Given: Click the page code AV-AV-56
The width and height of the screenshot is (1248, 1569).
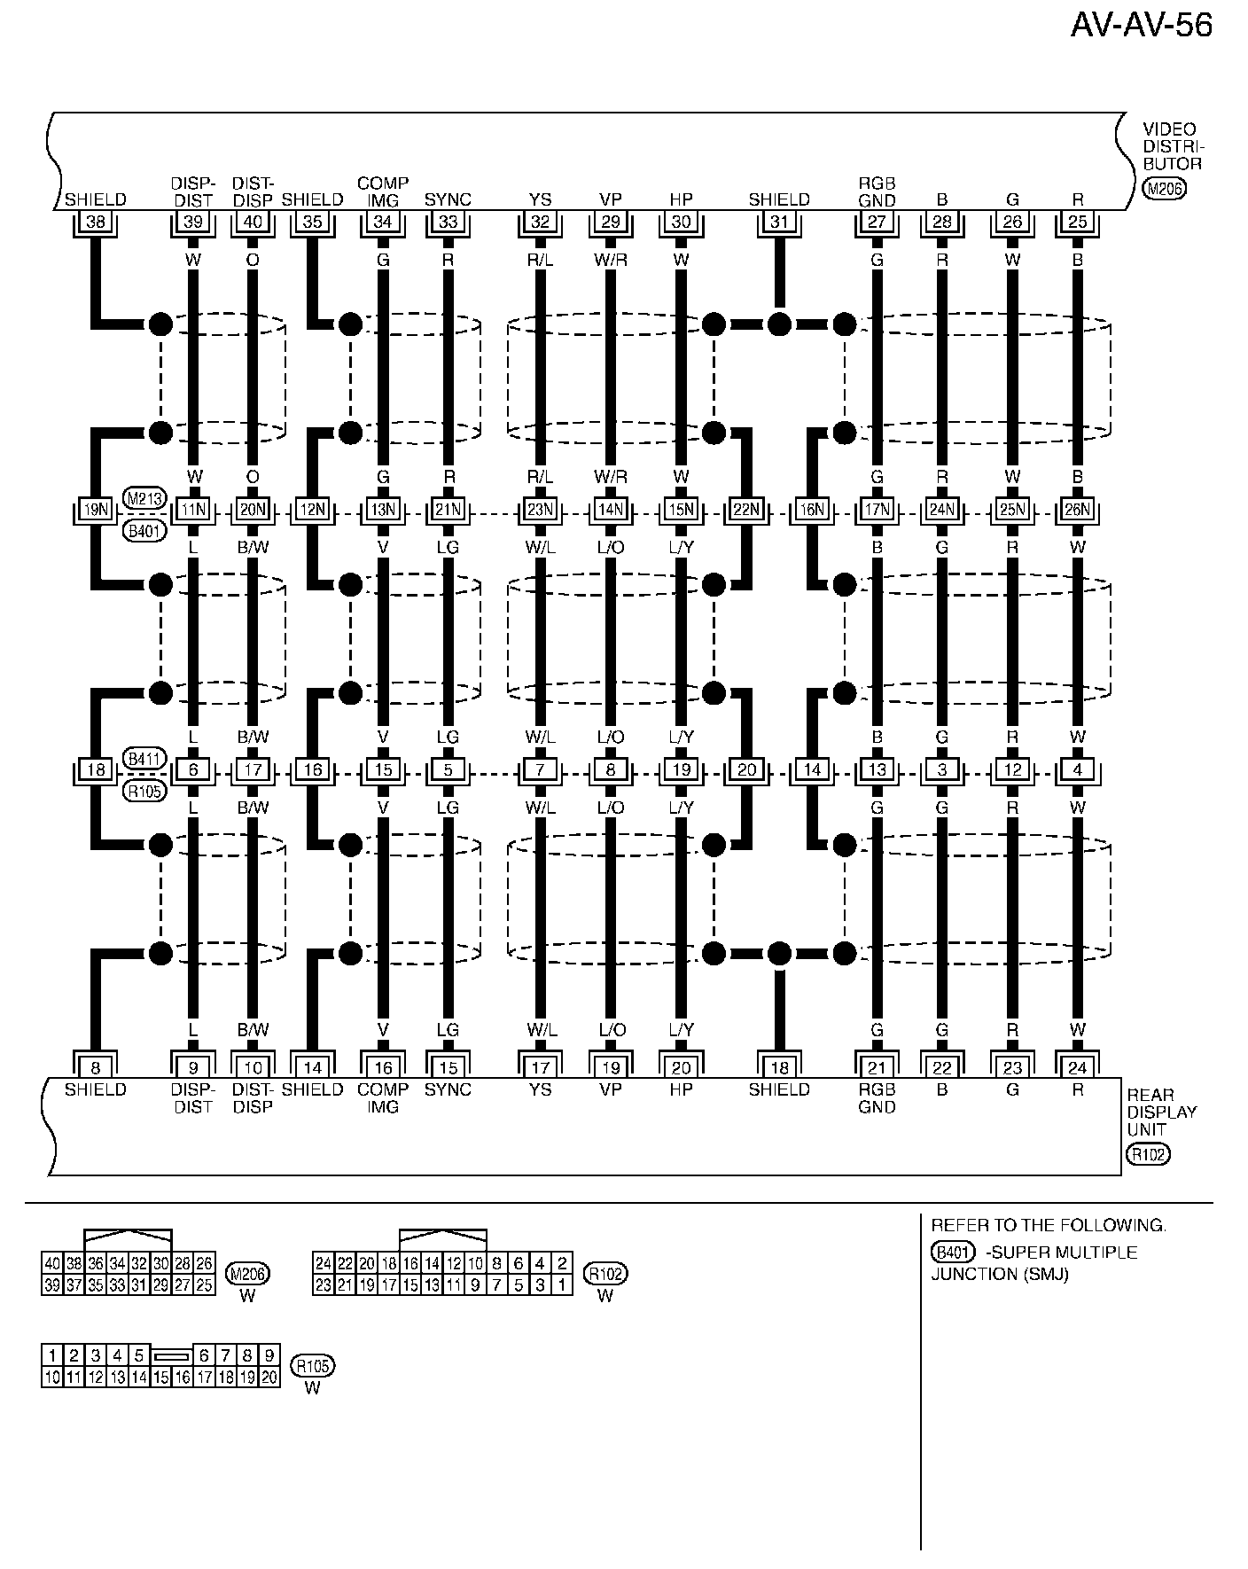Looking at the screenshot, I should tap(1141, 26).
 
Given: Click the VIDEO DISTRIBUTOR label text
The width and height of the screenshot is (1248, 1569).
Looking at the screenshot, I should tap(1172, 146).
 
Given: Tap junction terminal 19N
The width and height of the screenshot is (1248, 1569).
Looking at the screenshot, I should tap(95, 511).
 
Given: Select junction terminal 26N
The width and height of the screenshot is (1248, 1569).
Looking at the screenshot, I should tap(1077, 511).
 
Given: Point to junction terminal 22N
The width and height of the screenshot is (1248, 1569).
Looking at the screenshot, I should tap(746, 511).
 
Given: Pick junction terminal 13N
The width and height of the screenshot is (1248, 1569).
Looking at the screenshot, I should tap(383, 511).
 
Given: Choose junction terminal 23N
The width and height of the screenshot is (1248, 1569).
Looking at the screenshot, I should tap(540, 511).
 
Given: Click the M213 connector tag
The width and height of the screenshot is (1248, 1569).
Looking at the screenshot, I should tap(144, 498).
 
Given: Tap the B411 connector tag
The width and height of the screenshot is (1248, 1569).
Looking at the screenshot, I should tap(144, 758).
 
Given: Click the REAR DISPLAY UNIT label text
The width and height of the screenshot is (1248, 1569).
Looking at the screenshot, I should tap(1161, 1112).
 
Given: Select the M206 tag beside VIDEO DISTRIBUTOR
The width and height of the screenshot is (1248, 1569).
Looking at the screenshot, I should tap(1164, 188).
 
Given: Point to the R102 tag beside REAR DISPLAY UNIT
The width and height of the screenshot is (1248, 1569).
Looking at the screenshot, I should tap(1148, 1154).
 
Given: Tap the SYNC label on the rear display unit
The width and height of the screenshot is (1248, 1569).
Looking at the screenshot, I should tap(448, 1089).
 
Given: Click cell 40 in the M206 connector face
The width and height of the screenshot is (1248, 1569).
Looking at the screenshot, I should tap(51, 1263).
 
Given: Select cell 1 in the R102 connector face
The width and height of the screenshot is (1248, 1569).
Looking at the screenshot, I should tap(562, 1284).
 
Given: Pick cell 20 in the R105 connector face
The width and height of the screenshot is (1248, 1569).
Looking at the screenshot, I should tap(269, 1377).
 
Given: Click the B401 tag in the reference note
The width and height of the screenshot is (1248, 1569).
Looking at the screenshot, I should tap(953, 1252).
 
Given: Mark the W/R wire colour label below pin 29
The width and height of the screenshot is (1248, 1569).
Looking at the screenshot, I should tap(610, 260).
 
